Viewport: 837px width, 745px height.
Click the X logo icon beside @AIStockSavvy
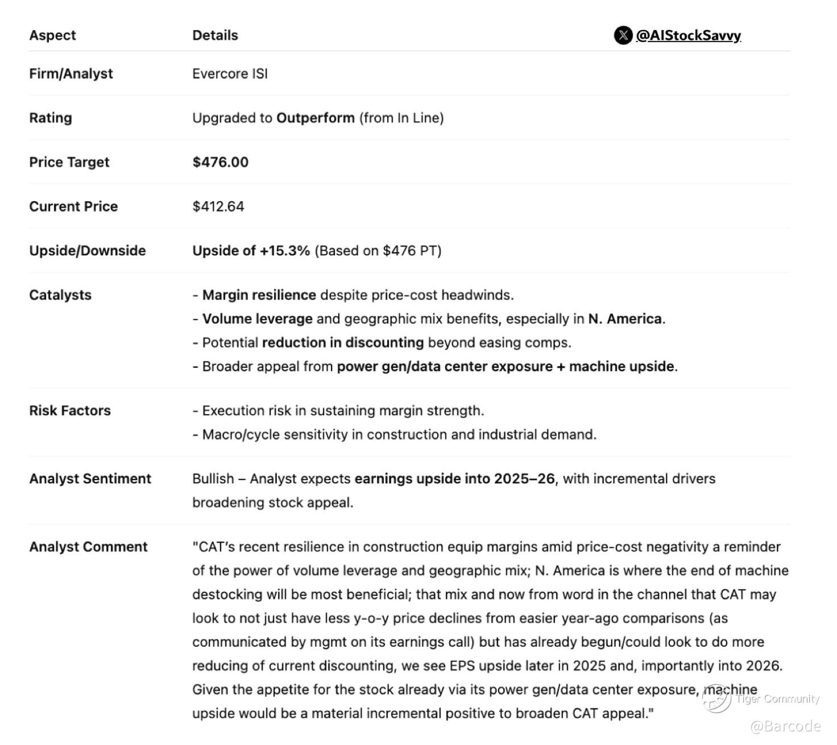click(x=623, y=35)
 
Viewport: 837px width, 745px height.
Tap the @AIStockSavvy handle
click(x=688, y=35)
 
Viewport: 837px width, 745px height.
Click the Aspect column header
click(x=52, y=35)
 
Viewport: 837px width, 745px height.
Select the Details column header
click(x=215, y=35)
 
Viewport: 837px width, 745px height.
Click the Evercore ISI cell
click(x=230, y=74)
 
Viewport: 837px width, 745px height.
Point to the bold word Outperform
click(x=315, y=118)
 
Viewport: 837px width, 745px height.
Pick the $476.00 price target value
click(x=220, y=163)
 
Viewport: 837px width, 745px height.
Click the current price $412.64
click(x=218, y=206)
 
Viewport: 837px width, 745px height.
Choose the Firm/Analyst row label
click(x=71, y=74)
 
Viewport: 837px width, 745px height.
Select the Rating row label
click(x=51, y=118)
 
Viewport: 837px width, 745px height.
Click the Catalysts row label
click(x=60, y=295)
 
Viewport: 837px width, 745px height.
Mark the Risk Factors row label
click(x=70, y=411)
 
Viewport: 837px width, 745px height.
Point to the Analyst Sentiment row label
click(x=90, y=479)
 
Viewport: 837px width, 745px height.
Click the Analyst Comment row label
click(x=88, y=547)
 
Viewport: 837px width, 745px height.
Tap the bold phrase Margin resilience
click(x=259, y=295)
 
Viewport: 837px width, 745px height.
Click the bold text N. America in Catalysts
click(x=624, y=319)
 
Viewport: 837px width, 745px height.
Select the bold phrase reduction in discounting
click(x=342, y=343)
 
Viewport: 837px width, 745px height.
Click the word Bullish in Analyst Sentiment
click(x=213, y=479)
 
